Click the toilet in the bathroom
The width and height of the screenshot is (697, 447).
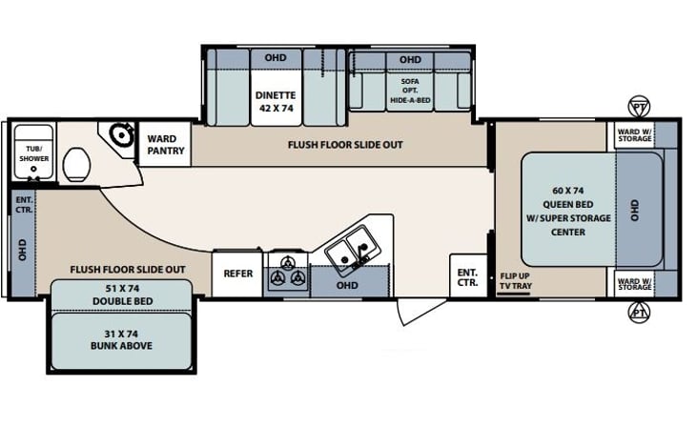[x=77, y=164]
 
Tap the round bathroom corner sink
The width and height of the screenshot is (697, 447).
[x=121, y=133]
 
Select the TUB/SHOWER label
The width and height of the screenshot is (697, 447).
[x=33, y=153]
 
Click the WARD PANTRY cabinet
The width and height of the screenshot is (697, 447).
[x=165, y=145]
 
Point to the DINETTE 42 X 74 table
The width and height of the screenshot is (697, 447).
[x=277, y=101]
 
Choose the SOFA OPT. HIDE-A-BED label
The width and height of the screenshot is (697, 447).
[x=410, y=91]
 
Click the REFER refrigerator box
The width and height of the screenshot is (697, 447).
[x=237, y=274]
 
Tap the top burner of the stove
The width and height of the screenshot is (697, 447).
[x=288, y=262]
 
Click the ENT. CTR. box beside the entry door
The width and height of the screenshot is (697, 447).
[x=468, y=276]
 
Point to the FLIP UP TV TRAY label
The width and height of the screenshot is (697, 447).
[x=516, y=281]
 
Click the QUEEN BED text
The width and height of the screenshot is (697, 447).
[x=568, y=204]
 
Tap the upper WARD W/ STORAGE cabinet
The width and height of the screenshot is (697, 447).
[x=635, y=135]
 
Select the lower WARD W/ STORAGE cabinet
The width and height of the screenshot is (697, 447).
[x=635, y=284]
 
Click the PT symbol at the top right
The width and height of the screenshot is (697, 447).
[x=639, y=107]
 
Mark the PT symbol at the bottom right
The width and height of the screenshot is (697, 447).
[x=639, y=313]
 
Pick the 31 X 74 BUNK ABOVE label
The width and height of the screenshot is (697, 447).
[x=121, y=340]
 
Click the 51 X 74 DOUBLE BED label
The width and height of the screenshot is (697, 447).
[x=123, y=295]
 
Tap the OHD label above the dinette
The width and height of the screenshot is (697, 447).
[x=276, y=58]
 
